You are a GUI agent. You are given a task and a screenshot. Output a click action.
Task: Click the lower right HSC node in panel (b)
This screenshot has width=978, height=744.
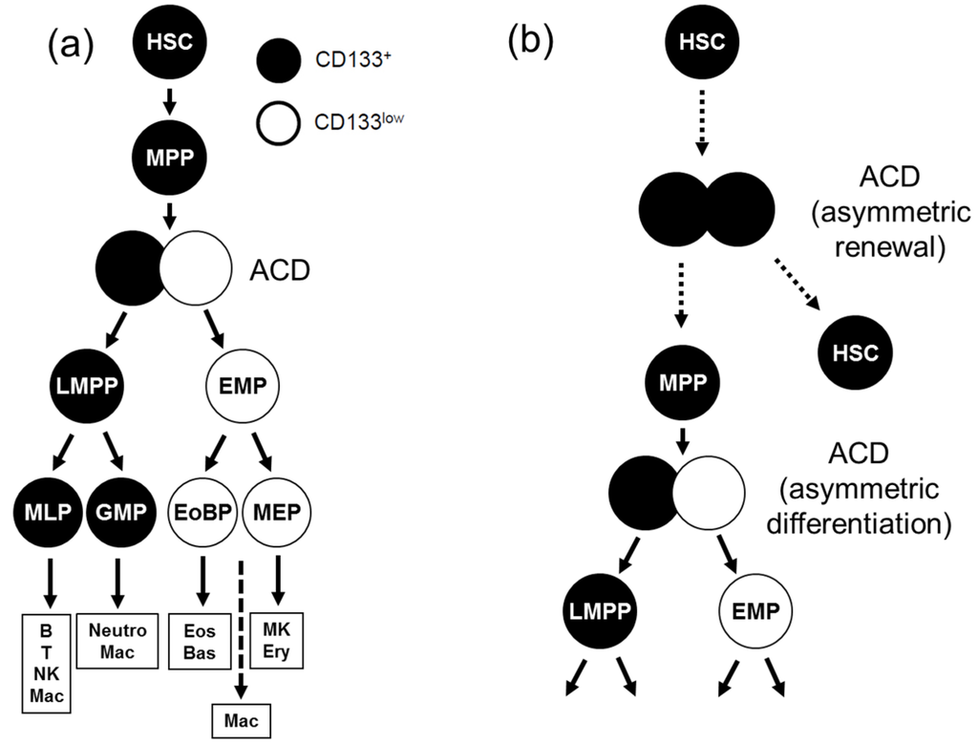pos(853,352)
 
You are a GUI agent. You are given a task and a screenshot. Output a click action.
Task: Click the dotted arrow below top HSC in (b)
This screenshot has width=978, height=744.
pos(702,121)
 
